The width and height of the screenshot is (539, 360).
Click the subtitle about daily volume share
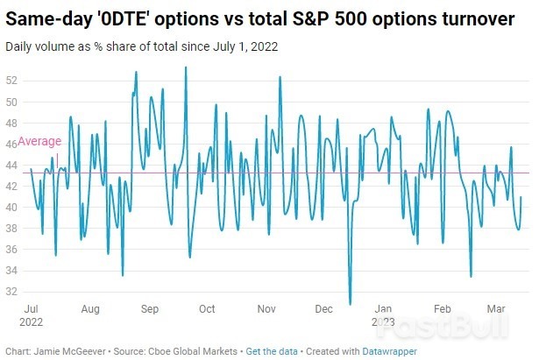pyautogui.click(x=141, y=46)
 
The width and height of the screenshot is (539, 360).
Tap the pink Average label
pyautogui.click(x=39, y=141)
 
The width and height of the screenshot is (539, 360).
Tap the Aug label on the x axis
pyautogui.click(x=89, y=309)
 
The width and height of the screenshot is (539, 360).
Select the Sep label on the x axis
pyautogui.click(x=148, y=309)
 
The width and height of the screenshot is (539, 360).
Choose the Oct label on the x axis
pyautogui.click(x=207, y=309)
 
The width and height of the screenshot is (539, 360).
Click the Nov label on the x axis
pyautogui.click(x=266, y=309)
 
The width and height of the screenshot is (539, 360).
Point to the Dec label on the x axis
pyautogui.click(x=324, y=309)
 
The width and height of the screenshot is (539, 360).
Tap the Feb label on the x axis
pyautogui.click(x=443, y=309)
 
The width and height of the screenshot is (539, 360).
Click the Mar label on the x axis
pyautogui.click(x=495, y=309)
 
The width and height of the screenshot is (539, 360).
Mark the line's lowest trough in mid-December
pyautogui.click(x=350, y=304)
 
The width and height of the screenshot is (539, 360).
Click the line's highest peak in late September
pyautogui.click(x=185, y=67)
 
